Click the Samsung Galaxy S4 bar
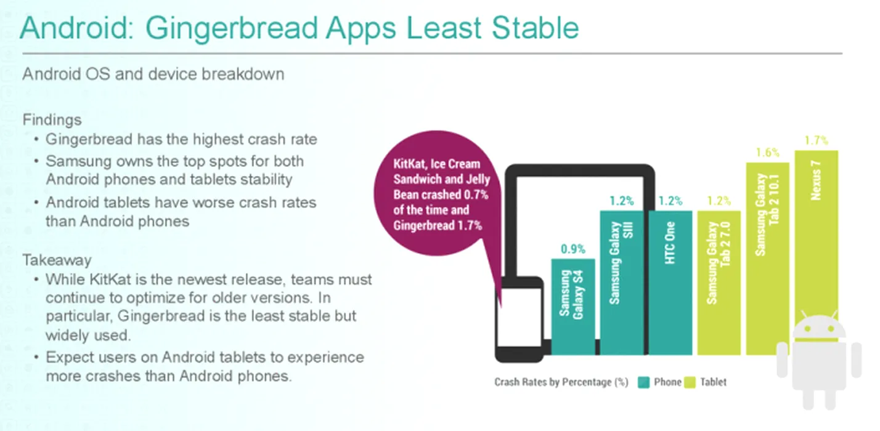[573, 307]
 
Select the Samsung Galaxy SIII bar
[622, 283]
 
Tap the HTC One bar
[670, 283]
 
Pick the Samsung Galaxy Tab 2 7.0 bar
[719, 283]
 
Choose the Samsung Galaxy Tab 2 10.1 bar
[768, 259]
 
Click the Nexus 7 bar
[817, 236]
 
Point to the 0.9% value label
[572, 249]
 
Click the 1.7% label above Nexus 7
[817, 140]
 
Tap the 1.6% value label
[768, 152]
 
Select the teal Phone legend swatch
[643, 382]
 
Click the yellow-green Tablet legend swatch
[690, 382]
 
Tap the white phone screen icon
[519, 318]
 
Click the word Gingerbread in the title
[231, 29]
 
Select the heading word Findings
[52, 119]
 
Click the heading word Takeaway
[57, 260]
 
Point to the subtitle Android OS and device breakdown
[153, 74]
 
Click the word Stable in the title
[535, 28]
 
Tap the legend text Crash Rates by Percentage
[561, 382]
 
